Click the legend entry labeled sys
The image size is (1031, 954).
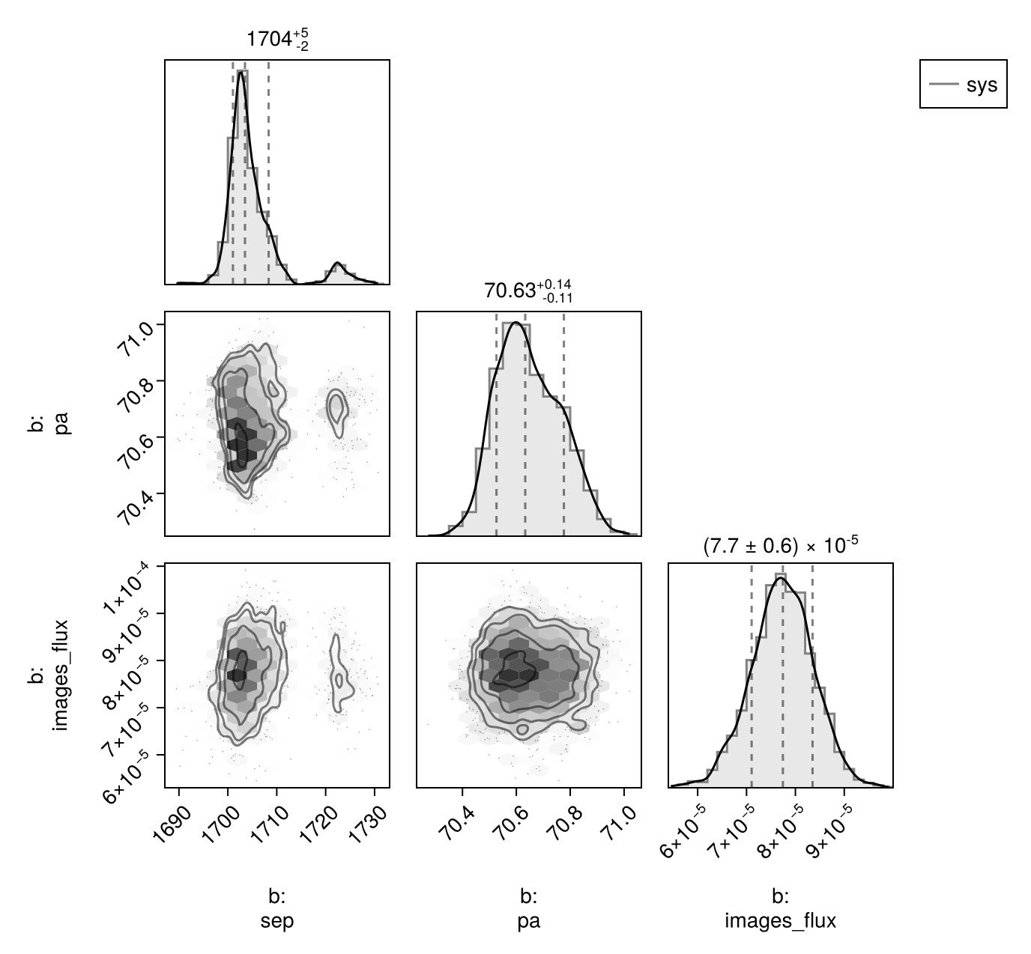(964, 84)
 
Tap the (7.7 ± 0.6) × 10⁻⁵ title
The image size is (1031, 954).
(780, 545)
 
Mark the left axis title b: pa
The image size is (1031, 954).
(49, 424)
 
